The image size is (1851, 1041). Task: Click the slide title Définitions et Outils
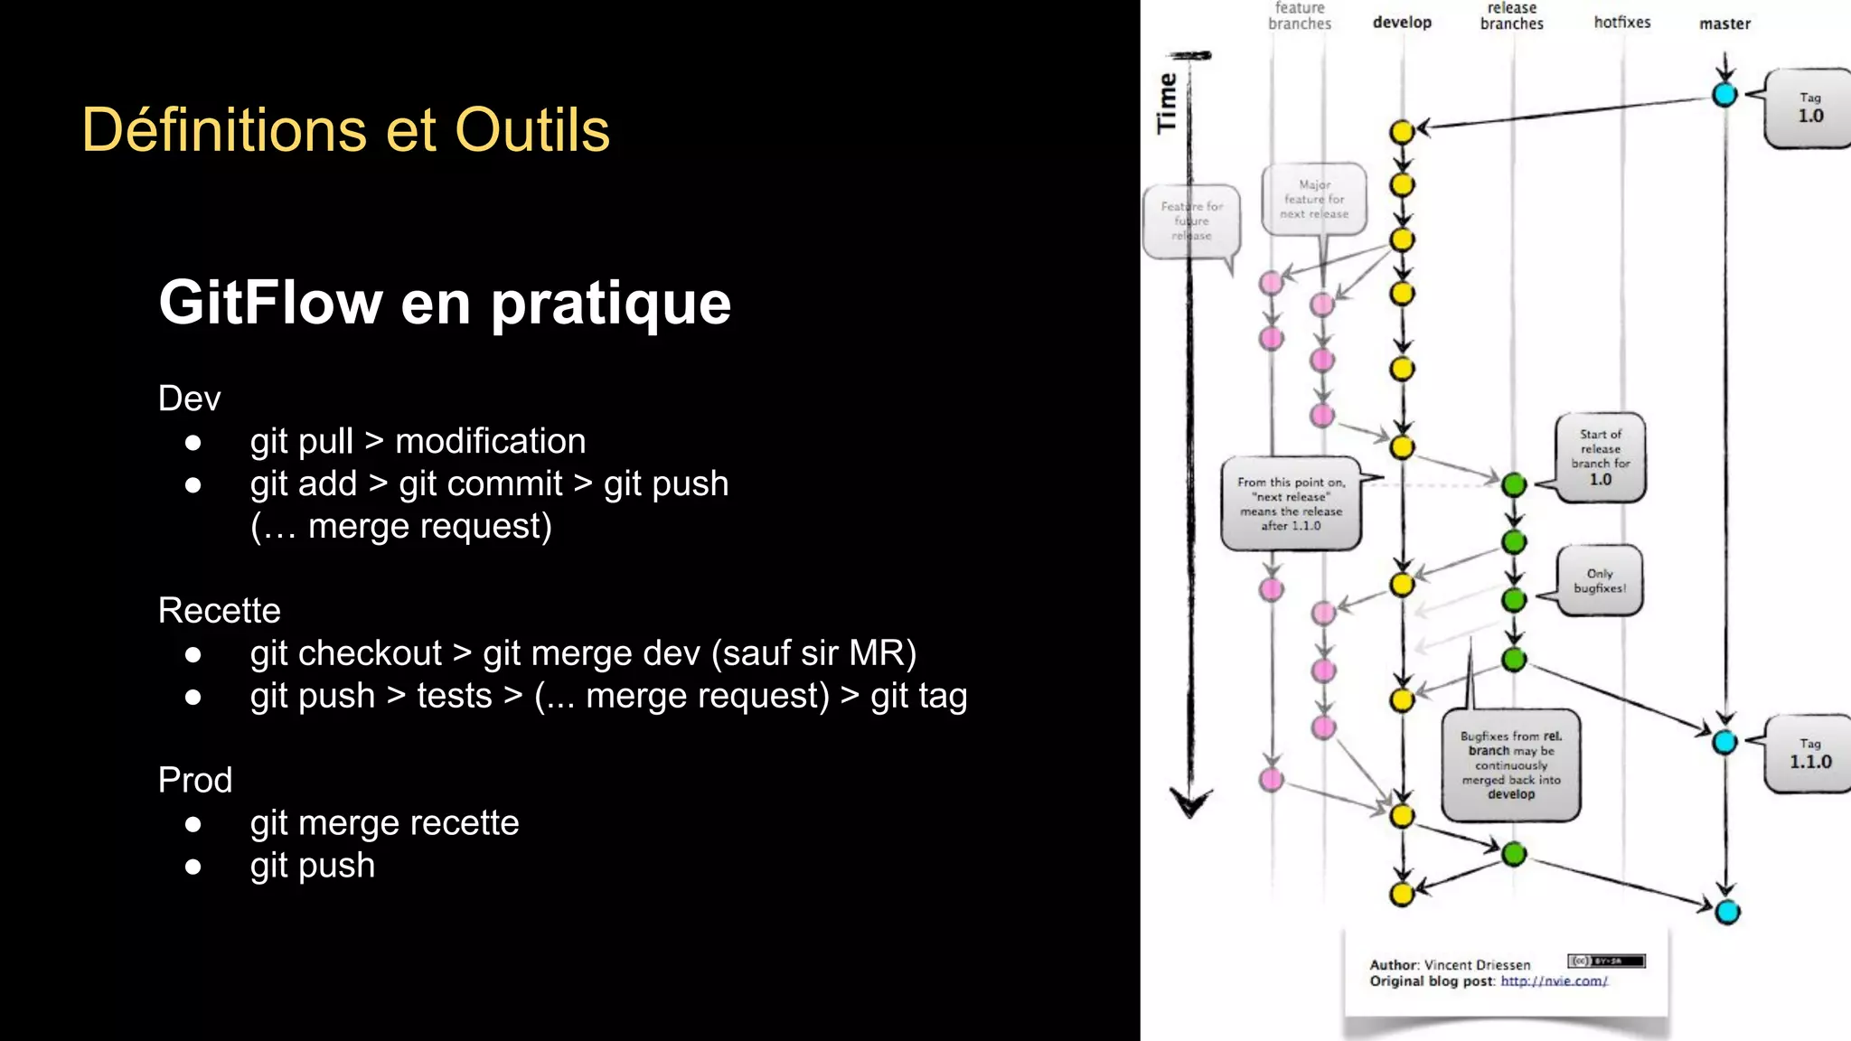(345, 129)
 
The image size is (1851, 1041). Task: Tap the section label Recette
(219, 610)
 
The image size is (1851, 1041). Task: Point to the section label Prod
(194, 780)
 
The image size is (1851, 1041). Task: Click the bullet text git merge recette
(384, 822)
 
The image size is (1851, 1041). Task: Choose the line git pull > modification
(418, 441)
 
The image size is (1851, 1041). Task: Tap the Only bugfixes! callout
(1599, 581)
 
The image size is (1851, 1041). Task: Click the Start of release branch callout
(1600, 457)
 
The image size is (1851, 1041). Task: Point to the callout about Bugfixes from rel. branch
(1510, 764)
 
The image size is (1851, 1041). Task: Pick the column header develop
(1402, 23)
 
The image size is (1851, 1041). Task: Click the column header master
(1724, 23)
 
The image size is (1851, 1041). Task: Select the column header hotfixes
(1621, 23)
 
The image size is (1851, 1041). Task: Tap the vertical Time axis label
(1167, 103)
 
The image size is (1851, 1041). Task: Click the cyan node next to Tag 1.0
(1724, 94)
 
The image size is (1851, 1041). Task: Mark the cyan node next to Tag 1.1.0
(1724, 743)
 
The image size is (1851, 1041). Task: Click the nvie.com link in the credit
(1554, 981)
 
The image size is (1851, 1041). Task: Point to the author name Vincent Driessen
(1477, 965)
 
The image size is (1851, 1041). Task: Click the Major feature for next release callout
(1313, 199)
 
